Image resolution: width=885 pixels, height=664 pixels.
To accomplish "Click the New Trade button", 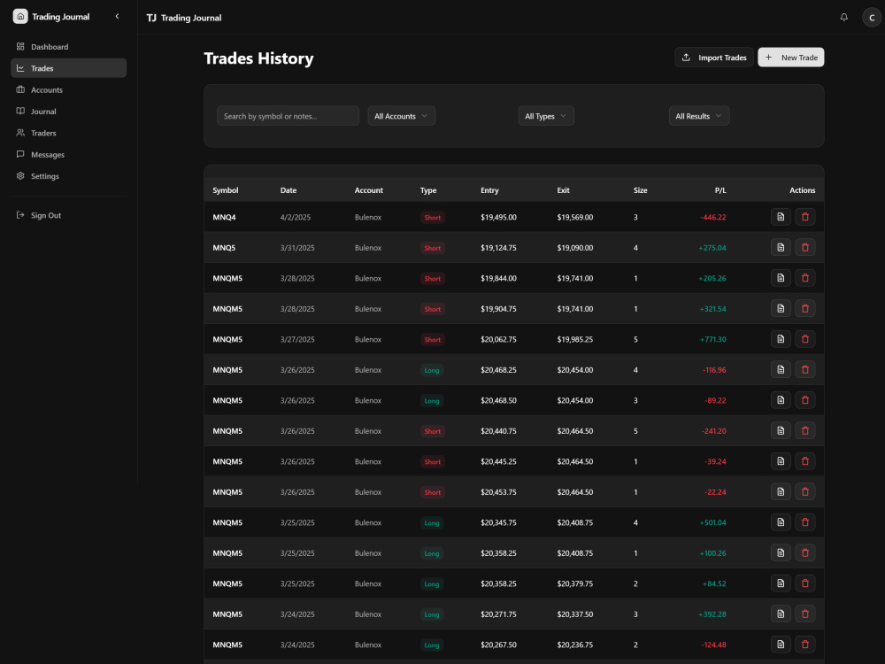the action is point(790,57).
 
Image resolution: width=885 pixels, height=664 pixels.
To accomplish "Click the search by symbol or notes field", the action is point(288,116).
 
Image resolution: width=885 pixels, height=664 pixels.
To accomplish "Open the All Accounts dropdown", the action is point(401,116).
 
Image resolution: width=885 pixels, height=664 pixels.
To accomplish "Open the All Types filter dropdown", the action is point(546,116).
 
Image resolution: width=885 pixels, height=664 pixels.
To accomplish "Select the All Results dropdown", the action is point(699,116).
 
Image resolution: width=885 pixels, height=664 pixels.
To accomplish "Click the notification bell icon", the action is point(843,18).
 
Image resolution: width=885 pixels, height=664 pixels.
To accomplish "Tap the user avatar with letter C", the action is point(872,18).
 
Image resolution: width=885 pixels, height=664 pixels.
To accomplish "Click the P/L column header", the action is point(720,190).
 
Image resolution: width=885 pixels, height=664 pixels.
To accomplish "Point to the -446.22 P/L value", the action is point(712,217).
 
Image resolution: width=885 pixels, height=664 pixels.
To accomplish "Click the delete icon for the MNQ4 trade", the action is point(804,217).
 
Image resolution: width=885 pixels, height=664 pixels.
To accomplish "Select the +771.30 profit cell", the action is point(712,339).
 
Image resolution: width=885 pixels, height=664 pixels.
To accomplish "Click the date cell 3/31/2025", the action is point(297,248).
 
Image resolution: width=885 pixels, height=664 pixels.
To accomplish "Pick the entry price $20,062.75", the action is point(498,339).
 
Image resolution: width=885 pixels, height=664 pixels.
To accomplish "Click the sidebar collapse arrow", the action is point(118,16).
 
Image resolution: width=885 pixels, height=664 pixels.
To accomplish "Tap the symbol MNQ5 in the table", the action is point(224,248).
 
